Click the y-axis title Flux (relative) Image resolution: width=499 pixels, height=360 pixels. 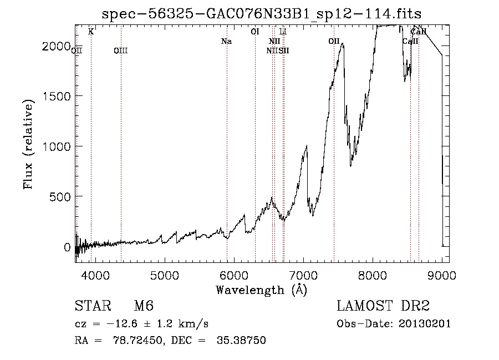pyautogui.click(x=28, y=143)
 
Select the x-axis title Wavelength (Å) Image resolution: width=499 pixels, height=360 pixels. pyautogui.click(x=261, y=290)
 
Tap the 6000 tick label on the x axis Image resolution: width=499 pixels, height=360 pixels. pyautogui.click(x=234, y=275)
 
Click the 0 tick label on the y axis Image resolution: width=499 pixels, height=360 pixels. pyautogui.click(x=67, y=247)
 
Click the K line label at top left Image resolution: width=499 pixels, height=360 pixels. pyautogui.click(x=91, y=32)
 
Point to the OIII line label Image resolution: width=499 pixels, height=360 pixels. pyautogui.click(x=120, y=51)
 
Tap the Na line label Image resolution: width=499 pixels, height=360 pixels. pyautogui.click(x=226, y=42)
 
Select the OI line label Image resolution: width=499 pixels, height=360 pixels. pyautogui.click(x=255, y=32)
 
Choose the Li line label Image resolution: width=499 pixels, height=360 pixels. pyautogui.click(x=283, y=32)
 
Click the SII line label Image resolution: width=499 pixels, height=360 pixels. pyautogui.click(x=284, y=51)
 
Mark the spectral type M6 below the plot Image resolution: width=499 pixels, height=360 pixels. pyautogui.click(x=144, y=306)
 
